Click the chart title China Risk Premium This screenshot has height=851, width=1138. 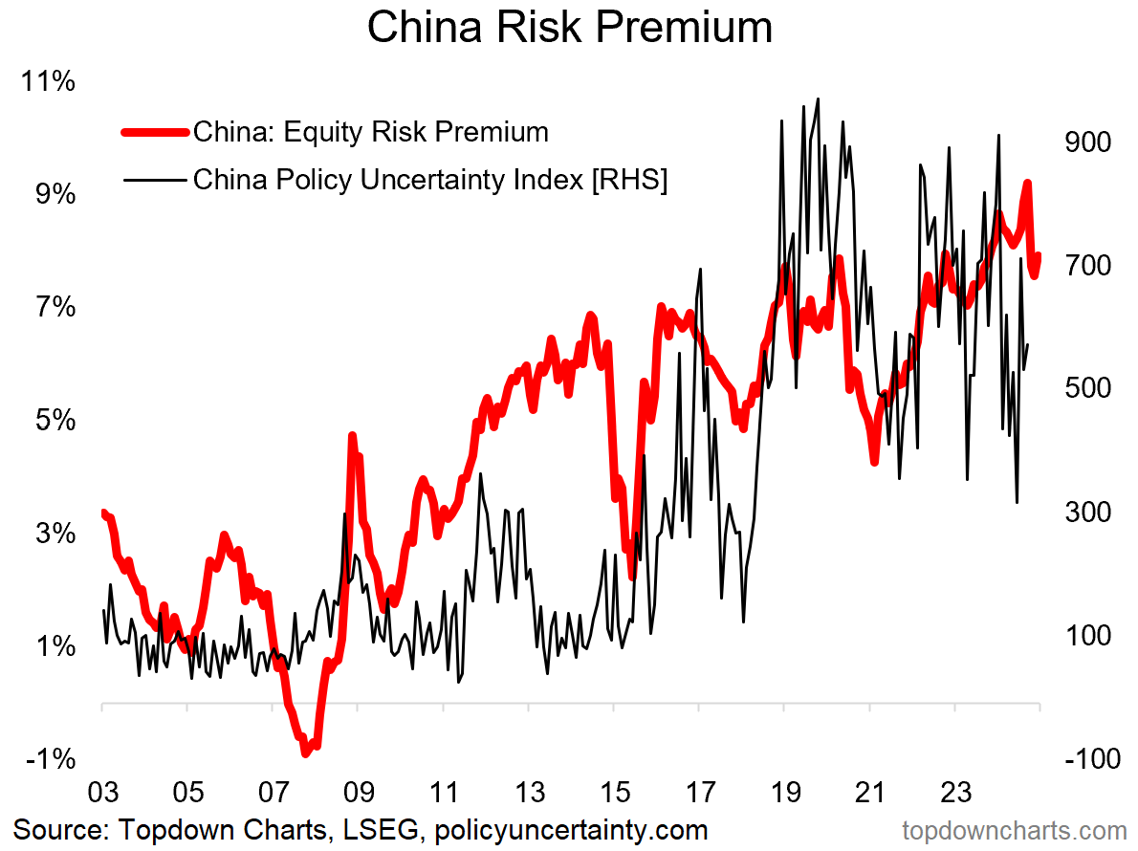pos(569,28)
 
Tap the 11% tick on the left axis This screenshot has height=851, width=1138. pos(49,82)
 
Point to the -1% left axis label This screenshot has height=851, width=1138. pos(49,759)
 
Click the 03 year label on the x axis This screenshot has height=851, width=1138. pos(102,794)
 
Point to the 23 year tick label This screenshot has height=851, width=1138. pos(955,794)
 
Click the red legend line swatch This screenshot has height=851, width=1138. pos(153,132)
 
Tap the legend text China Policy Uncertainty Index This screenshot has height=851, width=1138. pos(429,179)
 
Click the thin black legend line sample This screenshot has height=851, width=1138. pos(153,179)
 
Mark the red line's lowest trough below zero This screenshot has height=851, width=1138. pos(306,753)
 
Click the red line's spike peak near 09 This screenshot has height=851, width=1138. pos(352,437)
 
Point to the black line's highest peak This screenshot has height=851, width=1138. pos(818,98)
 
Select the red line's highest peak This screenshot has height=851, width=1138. pos(1027,183)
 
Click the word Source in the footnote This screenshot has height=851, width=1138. pos(58,828)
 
